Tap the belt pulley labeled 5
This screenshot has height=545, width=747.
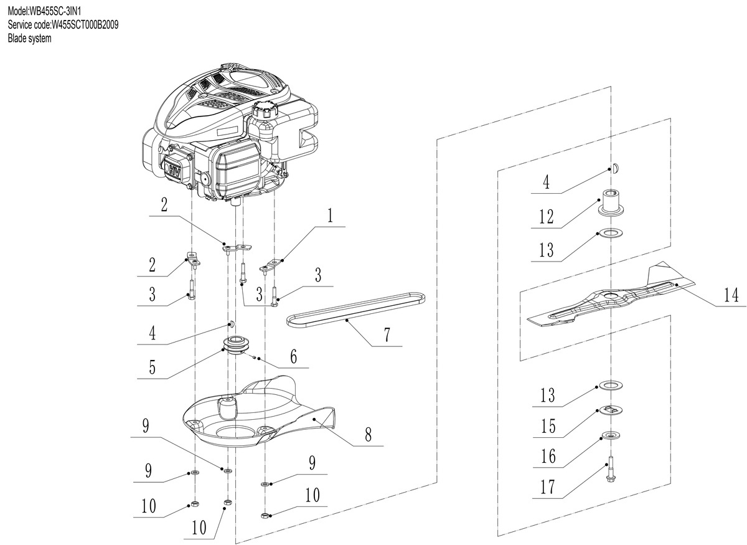click(x=237, y=345)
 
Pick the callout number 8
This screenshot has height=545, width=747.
click(x=368, y=434)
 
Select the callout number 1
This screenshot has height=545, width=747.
click(x=330, y=217)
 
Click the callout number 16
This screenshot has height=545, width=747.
click(x=548, y=457)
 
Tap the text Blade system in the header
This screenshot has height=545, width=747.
click(x=29, y=38)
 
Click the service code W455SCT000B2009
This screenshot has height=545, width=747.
click(x=63, y=25)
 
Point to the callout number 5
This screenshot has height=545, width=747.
click(x=152, y=368)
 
